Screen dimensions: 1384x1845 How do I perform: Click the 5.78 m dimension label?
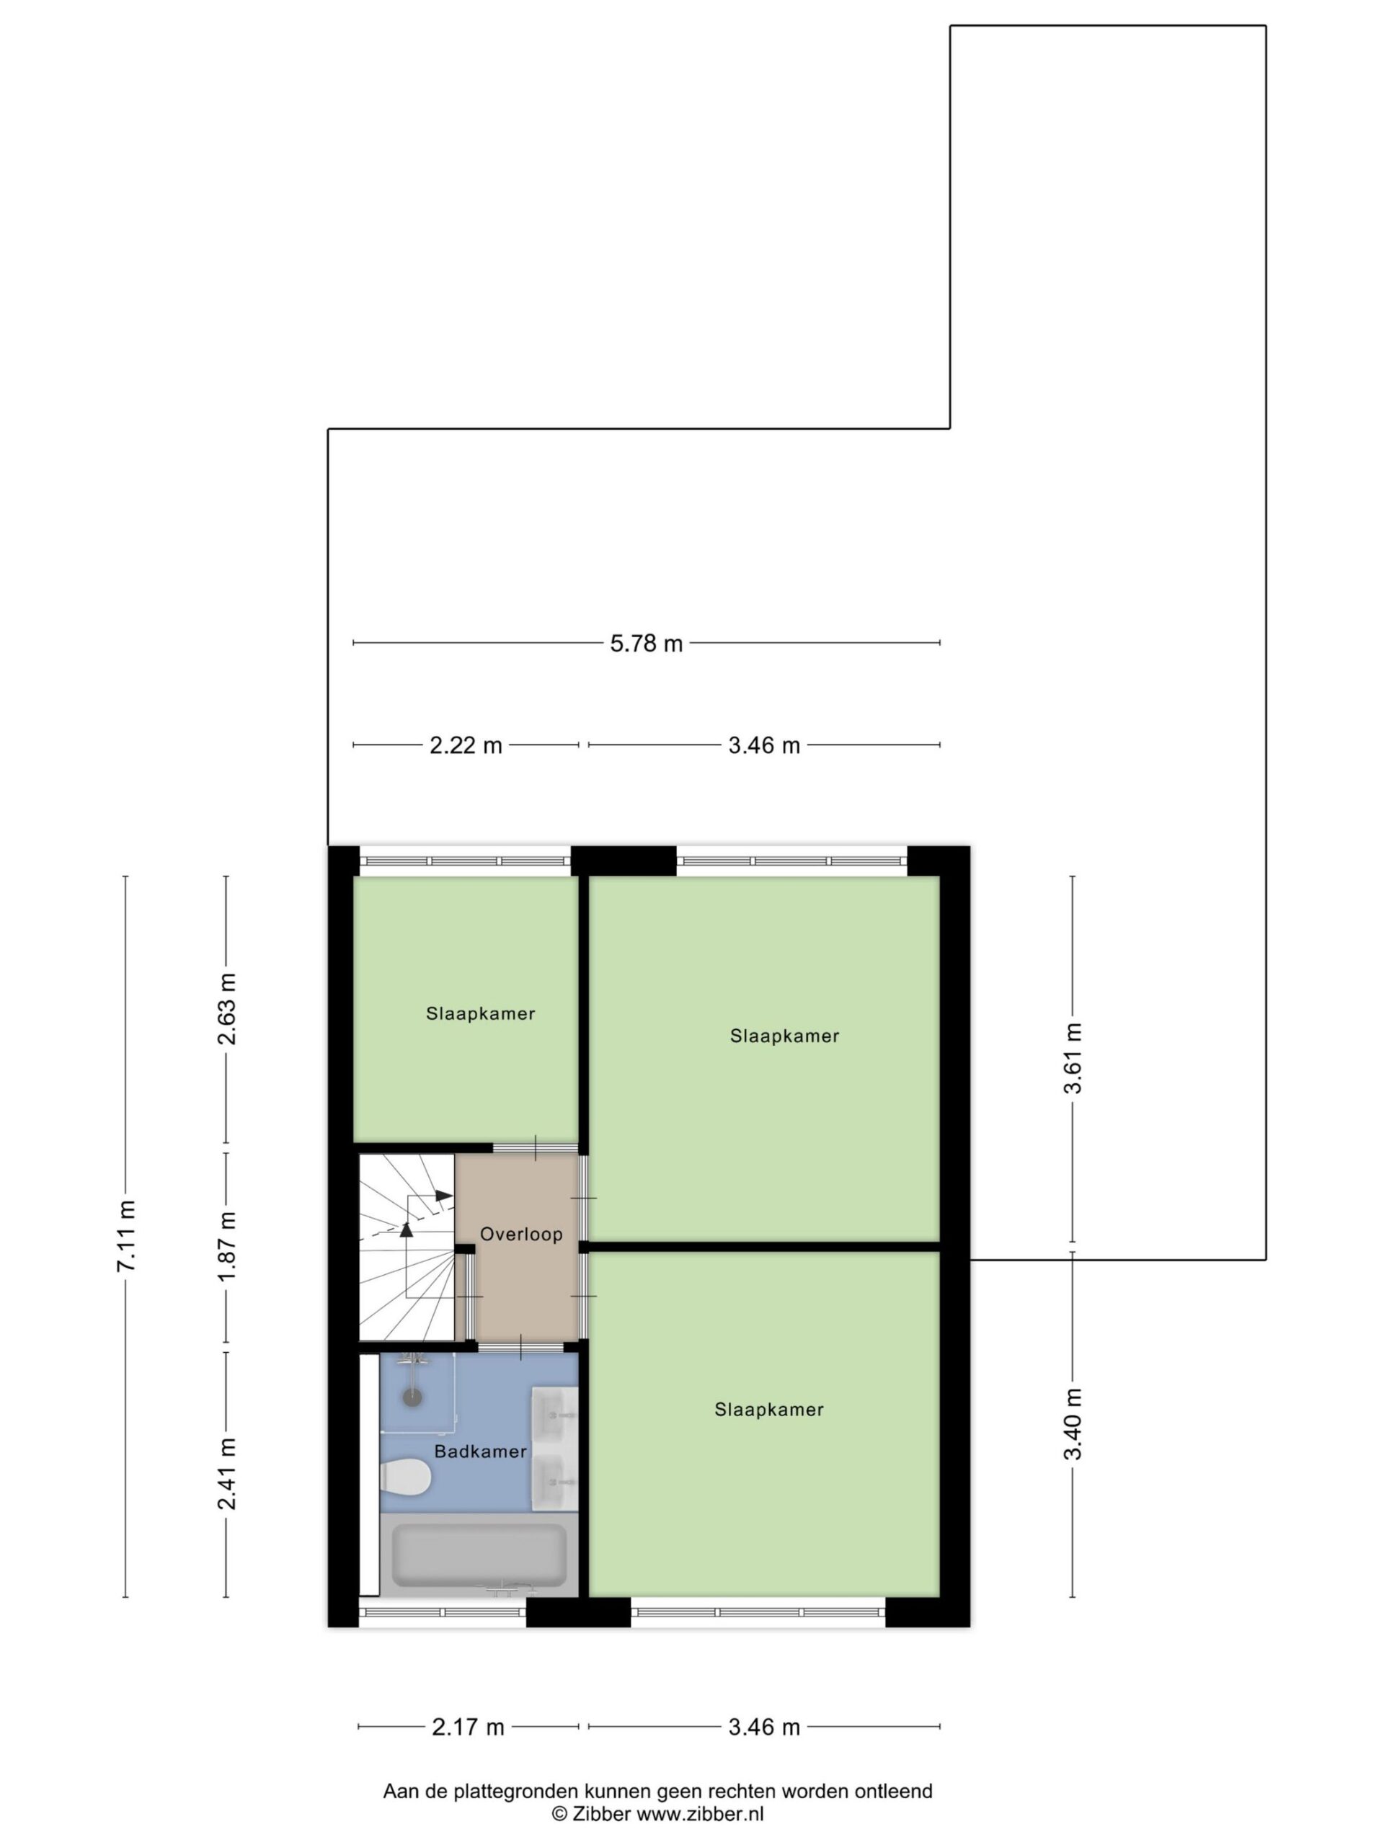coord(647,643)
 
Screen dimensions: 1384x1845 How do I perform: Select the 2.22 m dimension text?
coord(466,744)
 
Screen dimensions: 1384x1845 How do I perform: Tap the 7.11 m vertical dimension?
coord(126,1235)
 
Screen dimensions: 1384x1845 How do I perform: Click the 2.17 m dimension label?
coord(468,1727)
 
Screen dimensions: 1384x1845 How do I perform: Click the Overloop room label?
coord(521,1235)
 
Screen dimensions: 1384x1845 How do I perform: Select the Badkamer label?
coord(481,1451)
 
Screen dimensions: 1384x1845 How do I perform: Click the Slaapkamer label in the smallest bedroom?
coord(481,1014)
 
